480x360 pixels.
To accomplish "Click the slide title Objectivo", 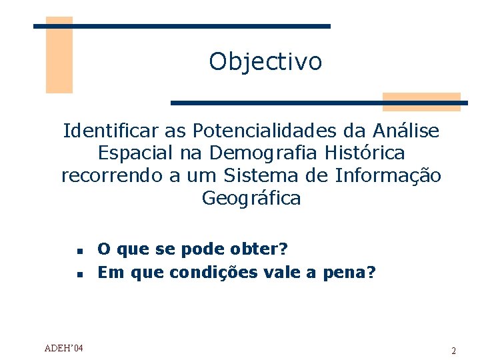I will (265, 61).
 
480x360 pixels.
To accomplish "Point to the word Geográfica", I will (251, 199).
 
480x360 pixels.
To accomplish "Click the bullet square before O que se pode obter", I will (79, 252).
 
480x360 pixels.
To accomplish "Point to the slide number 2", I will (453, 351).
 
